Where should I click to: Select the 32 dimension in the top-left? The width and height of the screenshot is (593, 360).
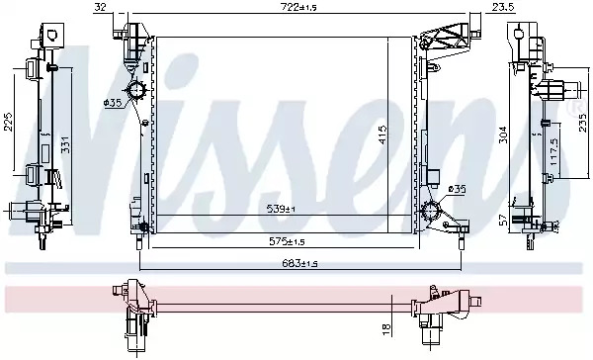[x=100, y=7]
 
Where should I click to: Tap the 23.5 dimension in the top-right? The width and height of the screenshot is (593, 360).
[x=503, y=7]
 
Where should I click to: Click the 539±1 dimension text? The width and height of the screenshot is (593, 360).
[x=281, y=209]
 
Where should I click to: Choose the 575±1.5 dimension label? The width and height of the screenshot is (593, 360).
[x=287, y=241]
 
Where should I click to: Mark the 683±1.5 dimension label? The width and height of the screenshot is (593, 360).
[x=299, y=263]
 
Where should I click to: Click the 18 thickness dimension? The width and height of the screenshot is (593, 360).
[x=386, y=329]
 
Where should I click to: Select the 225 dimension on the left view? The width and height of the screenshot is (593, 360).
[x=9, y=122]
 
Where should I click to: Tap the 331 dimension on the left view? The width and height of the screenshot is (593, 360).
[x=66, y=145]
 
